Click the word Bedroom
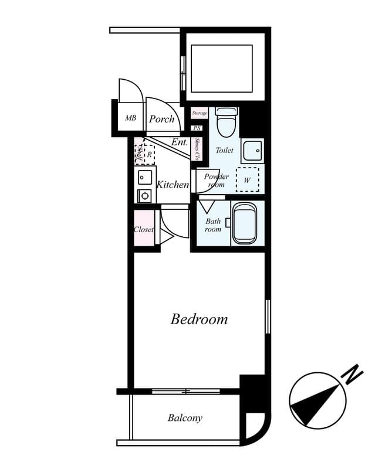pyautogui.click(x=199, y=320)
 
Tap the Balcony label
pyautogui.click(x=185, y=418)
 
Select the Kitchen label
pyautogui.click(x=173, y=185)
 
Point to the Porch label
pyautogui.click(x=161, y=119)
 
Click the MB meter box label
pyautogui.click(x=130, y=118)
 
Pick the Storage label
pyautogui.click(x=200, y=113)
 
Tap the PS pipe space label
pyautogui.click(x=197, y=128)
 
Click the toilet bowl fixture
pyautogui.click(x=225, y=123)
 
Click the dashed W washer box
pyautogui.click(x=247, y=180)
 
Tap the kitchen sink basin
pyautogui.click(x=144, y=176)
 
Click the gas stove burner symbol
pyautogui.click(x=144, y=195)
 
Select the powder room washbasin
pyautogui.click(x=252, y=151)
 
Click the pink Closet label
pyautogui.click(x=144, y=229)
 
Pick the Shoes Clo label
pyautogui.click(x=198, y=149)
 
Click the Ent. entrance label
pyautogui.click(x=180, y=142)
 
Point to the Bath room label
pyautogui.click(x=213, y=226)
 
